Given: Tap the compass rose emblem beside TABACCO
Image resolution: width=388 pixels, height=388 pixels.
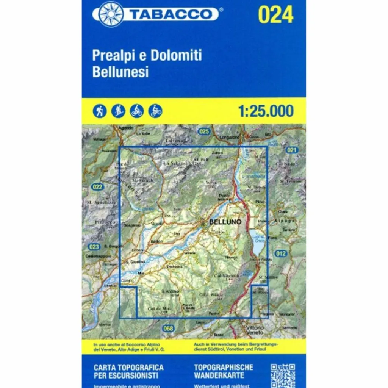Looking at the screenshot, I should click(x=111, y=14).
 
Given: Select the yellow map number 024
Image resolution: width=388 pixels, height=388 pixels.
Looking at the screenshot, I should click(x=275, y=15).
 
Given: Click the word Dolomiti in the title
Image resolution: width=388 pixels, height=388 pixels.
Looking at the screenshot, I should click(x=176, y=55).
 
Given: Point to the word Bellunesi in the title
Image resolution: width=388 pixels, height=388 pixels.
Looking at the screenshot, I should click(x=120, y=72).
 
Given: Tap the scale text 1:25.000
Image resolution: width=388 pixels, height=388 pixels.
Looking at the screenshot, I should click(x=266, y=111).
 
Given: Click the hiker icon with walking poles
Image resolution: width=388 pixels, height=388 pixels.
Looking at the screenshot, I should click(x=100, y=111).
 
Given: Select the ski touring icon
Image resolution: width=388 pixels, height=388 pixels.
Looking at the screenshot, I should click(x=118, y=111).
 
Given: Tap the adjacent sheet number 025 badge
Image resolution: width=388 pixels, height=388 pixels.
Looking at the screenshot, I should click(x=204, y=131).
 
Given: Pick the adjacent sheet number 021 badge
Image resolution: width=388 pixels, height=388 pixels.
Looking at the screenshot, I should click(x=291, y=150).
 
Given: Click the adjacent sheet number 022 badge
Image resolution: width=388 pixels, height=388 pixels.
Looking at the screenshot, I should click(x=97, y=186).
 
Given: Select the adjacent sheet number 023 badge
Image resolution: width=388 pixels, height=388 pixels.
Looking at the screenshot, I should click(x=94, y=247).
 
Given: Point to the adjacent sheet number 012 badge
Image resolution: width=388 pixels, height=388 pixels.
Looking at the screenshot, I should click(x=280, y=253).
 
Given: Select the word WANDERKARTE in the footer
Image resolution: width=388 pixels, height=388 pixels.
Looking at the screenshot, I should click(x=219, y=375).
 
